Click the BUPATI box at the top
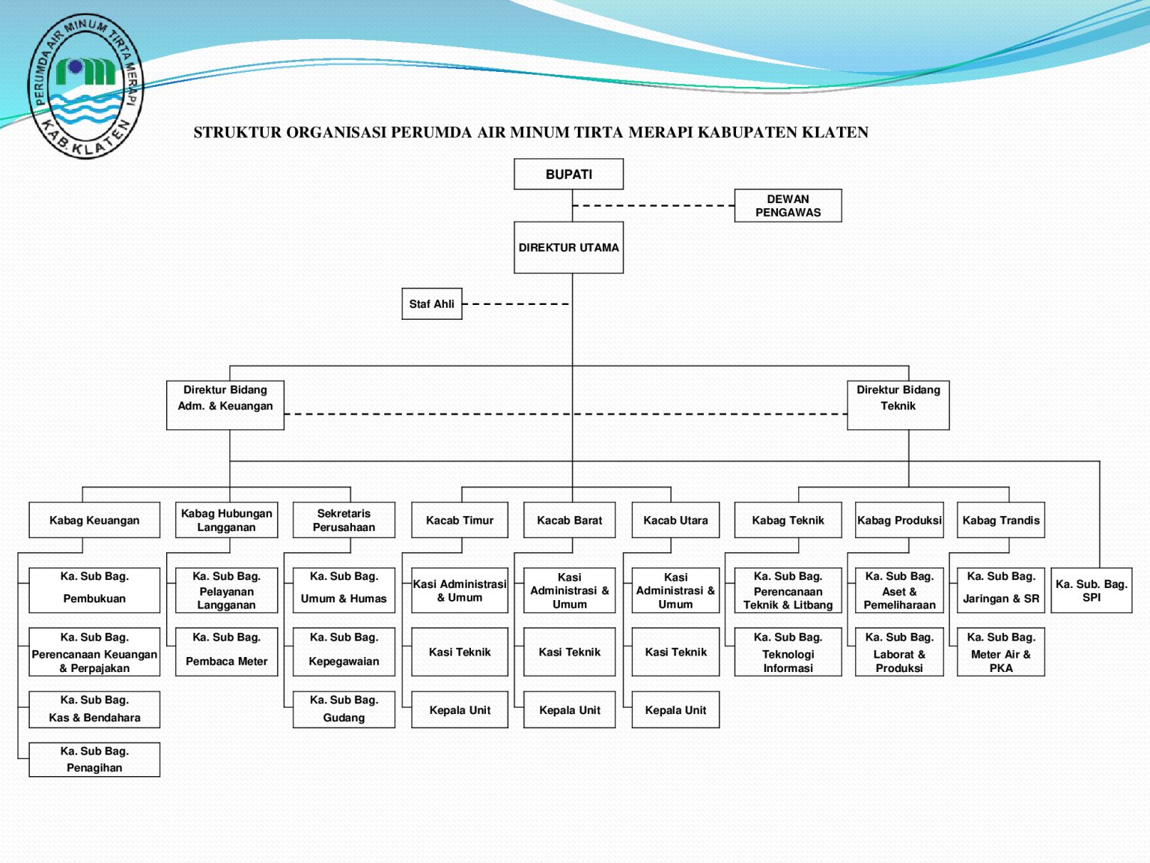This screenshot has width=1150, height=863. (x=568, y=174)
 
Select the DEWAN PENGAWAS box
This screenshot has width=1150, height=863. (x=788, y=205)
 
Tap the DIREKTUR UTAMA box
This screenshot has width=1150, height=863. (x=568, y=247)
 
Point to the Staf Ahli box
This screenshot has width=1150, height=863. (x=432, y=304)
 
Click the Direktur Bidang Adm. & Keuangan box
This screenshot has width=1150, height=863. (x=225, y=405)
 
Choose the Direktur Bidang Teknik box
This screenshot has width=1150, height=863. (x=898, y=405)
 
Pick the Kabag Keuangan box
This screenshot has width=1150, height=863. (x=94, y=520)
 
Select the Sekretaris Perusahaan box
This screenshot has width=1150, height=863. (x=344, y=520)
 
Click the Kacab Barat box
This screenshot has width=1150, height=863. (x=569, y=520)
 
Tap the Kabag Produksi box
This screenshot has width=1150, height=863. (x=899, y=520)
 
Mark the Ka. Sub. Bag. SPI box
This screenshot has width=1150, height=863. (x=1091, y=590)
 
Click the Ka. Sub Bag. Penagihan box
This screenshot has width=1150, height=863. (x=94, y=759)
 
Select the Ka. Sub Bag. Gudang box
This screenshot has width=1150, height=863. (x=344, y=709)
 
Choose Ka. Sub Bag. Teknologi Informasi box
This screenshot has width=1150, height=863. (x=788, y=652)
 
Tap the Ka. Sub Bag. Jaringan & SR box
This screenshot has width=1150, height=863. (x=1000, y=590)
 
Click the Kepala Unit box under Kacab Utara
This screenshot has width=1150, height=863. (x=675, y=710)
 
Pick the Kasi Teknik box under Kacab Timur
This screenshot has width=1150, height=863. (x=460, y=652)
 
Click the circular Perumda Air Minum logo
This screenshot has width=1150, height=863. (x=85, y=85)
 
